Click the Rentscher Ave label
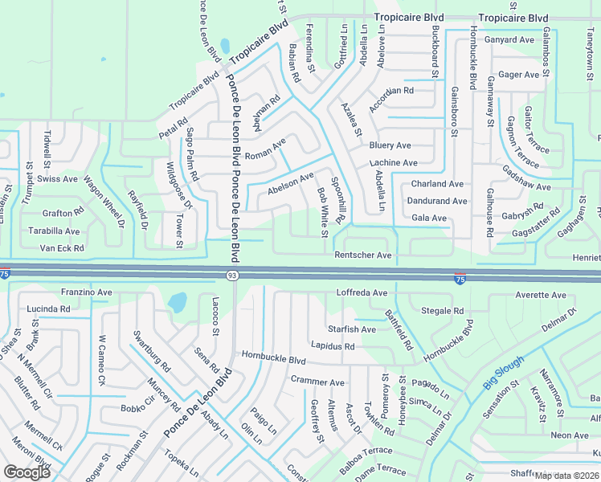pyautogui.click(x=362, y=255)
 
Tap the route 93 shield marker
pyautogui.click(x=231, y=276)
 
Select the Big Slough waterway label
pyautogui.click(x=504, y=374)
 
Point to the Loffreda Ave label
pyautogui.click(x=362, y=293)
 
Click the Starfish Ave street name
pyautogui.click(x=351, y=329)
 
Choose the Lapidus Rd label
pyautogui.click(x=333, y=346)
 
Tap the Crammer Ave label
pyautogui.click(x=317, y=382)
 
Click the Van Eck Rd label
pyautogui.click(x=62, y=248)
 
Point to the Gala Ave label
pyautogui.click(x=428, y=218)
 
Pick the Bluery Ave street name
pyautogui.click(x=390, y=145)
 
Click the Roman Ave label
pyautogui.click(x=265, y=150)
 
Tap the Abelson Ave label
pyautogui.click(x=290, y=185)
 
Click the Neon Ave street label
pyautogui.click(x=570, y=435)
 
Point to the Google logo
pyautogui.click(x=27, y=472)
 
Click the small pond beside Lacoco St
pyautogui.click(x=178, y=302)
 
